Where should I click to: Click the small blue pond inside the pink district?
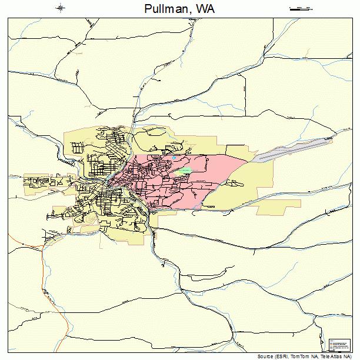pos(174,157)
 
